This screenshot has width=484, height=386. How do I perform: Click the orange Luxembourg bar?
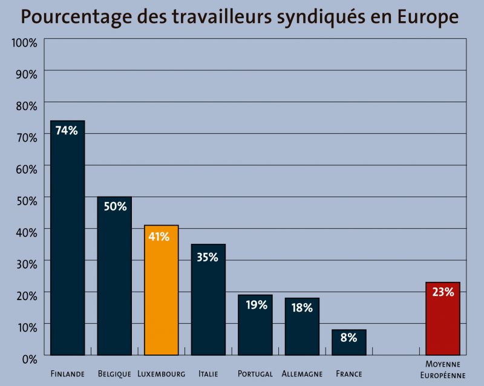(161, 290)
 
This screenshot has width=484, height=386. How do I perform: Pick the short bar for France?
(349, 342)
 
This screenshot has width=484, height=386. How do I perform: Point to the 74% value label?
(67, 130)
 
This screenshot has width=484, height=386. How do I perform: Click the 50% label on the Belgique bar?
(114, 206)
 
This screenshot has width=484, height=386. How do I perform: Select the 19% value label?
(256, 304)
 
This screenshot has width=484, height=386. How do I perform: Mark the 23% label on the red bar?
(443, 292)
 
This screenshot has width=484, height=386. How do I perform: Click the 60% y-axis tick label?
(26, 168)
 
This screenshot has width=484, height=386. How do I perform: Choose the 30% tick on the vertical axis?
(26, 263)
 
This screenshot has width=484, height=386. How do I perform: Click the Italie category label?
(208, 374)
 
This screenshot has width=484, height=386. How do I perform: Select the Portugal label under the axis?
(255, 374)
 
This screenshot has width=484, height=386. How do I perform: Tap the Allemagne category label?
(302, 374)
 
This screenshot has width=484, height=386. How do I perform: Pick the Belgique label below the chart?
(114, 374)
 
